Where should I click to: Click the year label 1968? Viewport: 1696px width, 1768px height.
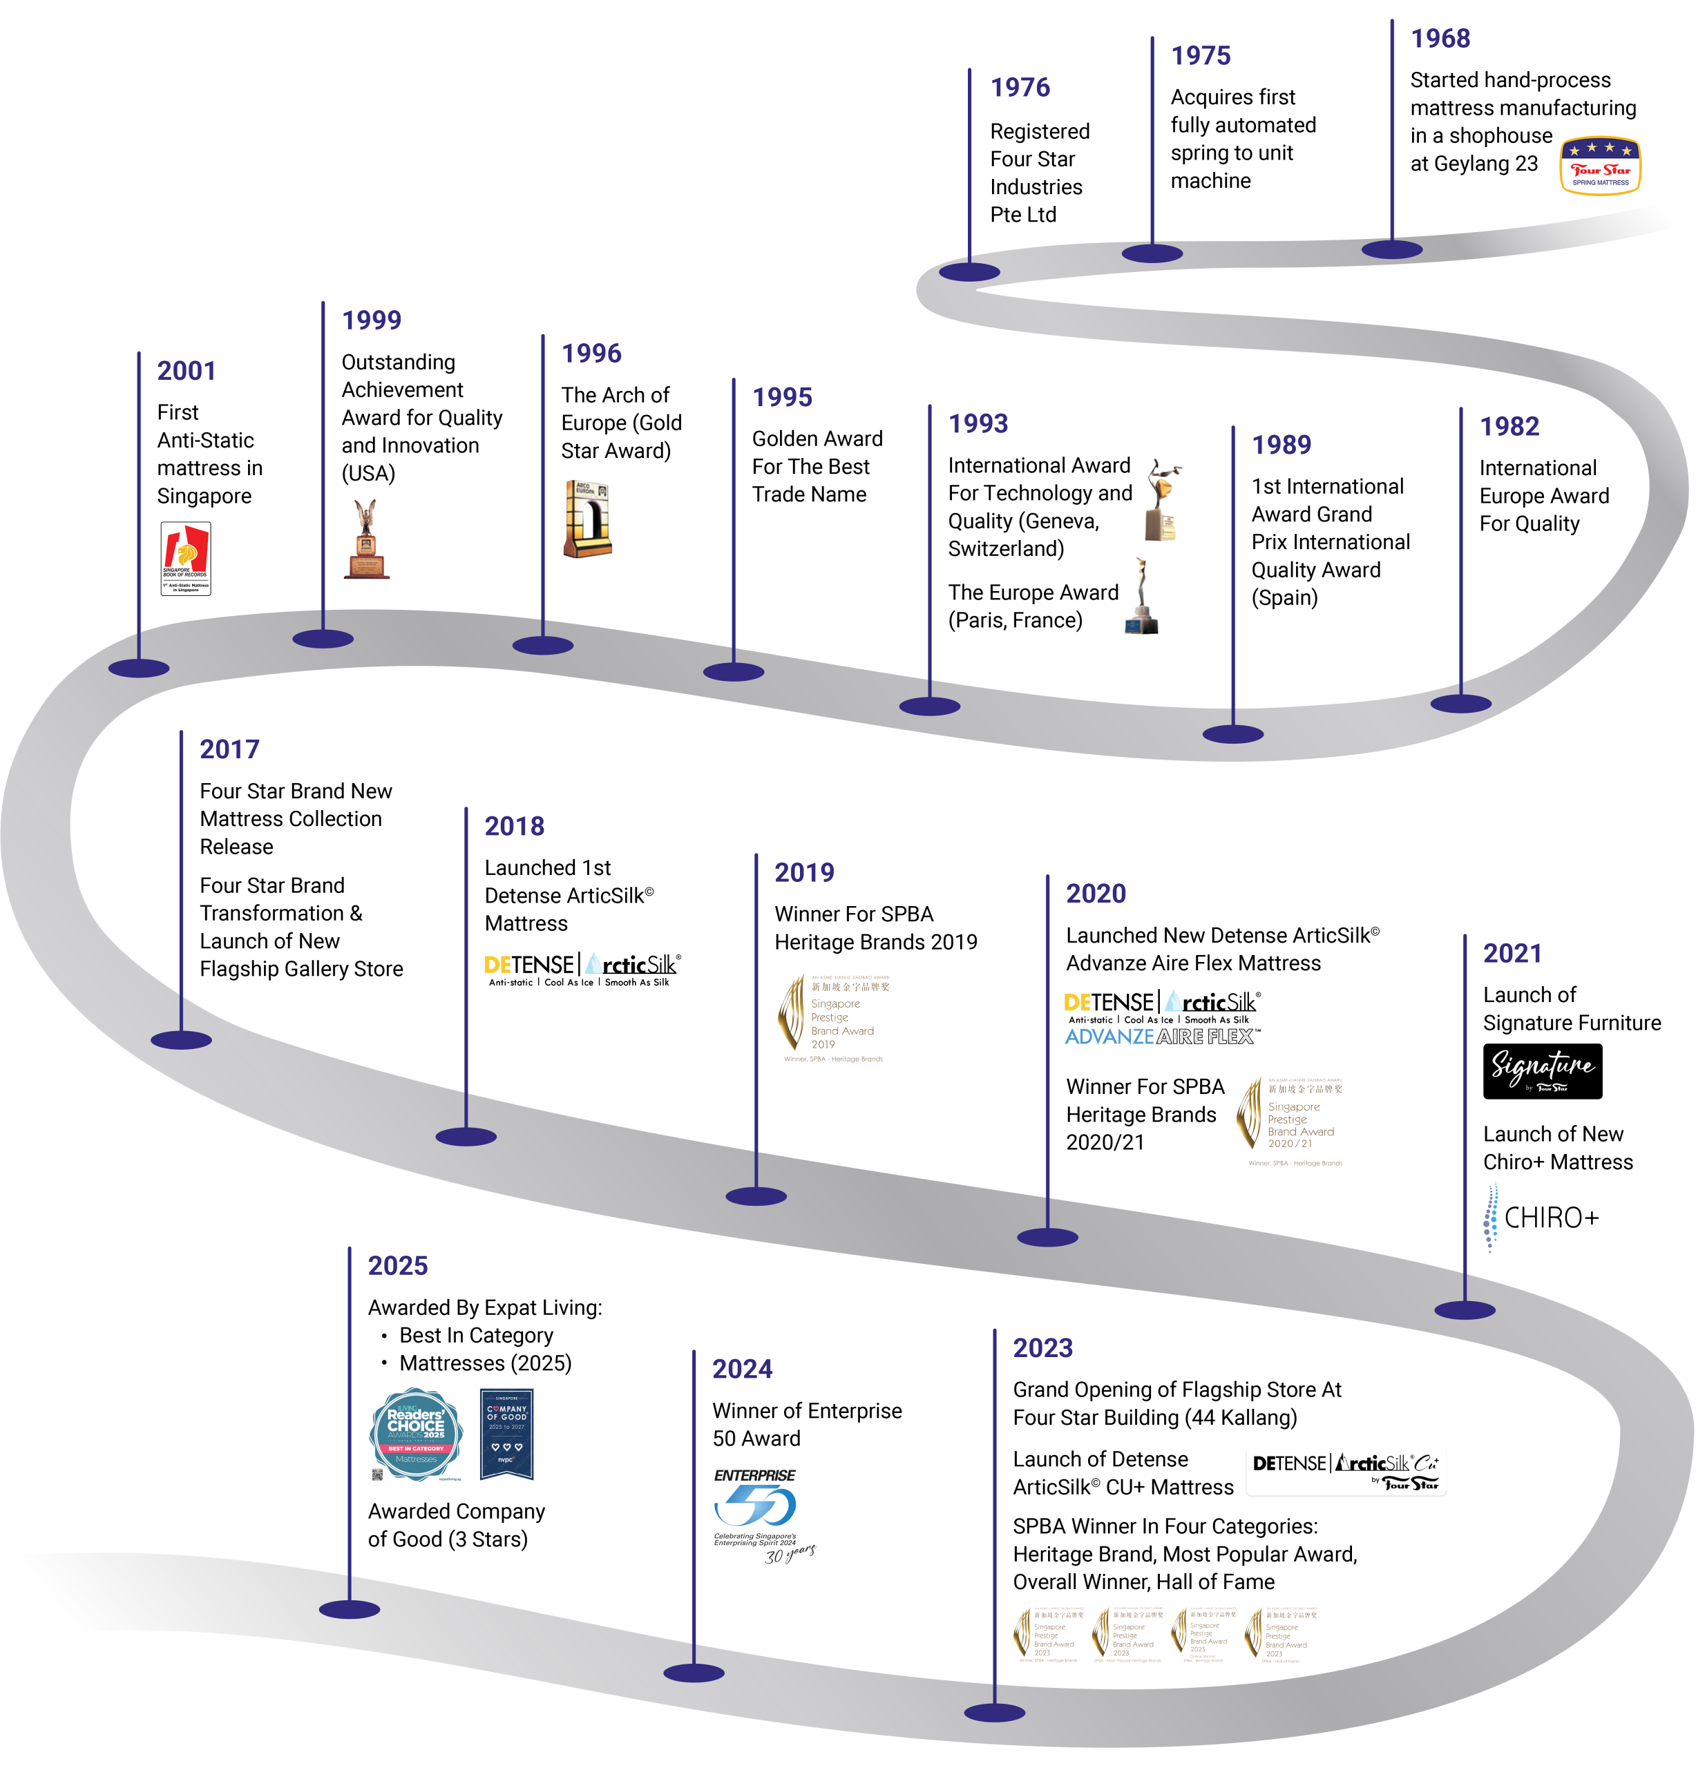click(1440, 39)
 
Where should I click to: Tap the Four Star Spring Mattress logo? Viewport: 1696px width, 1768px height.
click(1601, 165)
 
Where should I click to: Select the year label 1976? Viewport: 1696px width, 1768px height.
click(1020, 88)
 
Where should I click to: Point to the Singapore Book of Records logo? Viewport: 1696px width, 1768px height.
click(186, 558)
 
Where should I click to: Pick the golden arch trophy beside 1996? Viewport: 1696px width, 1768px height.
click(587, 519)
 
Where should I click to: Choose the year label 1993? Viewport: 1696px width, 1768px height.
click(978, 424)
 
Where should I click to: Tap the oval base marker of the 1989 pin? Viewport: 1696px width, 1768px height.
click(1232, 734)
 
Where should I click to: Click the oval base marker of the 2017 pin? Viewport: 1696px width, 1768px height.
click(181, 1039)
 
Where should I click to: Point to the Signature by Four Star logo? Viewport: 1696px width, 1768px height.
click(1543, 1070)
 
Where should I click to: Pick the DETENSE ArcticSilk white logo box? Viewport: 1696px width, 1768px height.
click(1346, 1470)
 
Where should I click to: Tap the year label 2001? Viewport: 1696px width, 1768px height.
click(186, 371)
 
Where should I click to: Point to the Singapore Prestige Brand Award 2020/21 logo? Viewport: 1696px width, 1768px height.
click(1290, 1122)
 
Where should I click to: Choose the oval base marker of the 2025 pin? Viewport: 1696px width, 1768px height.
click(349, 1608)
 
